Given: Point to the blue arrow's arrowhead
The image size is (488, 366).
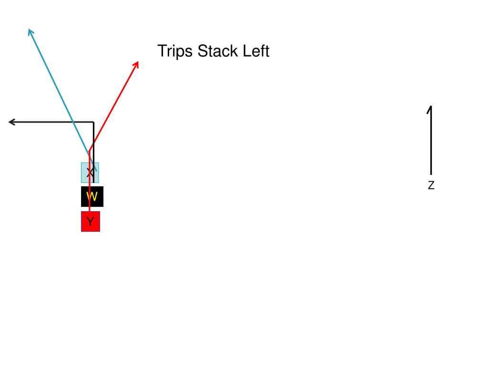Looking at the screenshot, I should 30,31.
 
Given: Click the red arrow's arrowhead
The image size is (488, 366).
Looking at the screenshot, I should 137,63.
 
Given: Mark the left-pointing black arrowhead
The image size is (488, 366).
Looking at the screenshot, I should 11,122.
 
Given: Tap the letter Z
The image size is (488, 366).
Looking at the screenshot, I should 431,185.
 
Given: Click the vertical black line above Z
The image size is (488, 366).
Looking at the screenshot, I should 431,143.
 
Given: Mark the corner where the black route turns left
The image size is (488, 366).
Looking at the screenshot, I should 93,122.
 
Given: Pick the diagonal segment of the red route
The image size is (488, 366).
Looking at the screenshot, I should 114,103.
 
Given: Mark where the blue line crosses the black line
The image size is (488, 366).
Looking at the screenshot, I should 73,122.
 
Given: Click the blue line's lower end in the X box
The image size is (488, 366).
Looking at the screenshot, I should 96,170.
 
